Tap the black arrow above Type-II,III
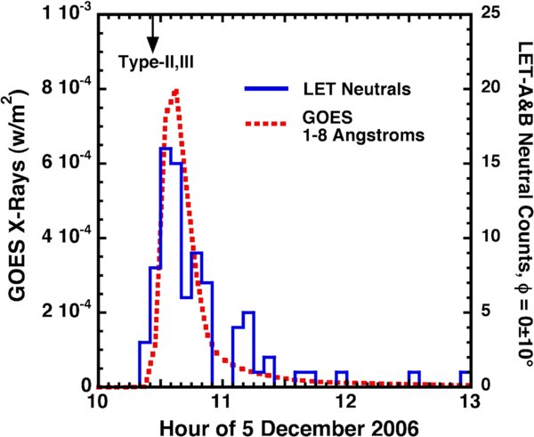tap(152, 34)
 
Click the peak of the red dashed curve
tap(176, 90)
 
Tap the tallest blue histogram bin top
tap(166, 149)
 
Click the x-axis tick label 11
tap(222, 402)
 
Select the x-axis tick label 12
tap(344, 402)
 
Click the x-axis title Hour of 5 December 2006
tap(283, 425)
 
